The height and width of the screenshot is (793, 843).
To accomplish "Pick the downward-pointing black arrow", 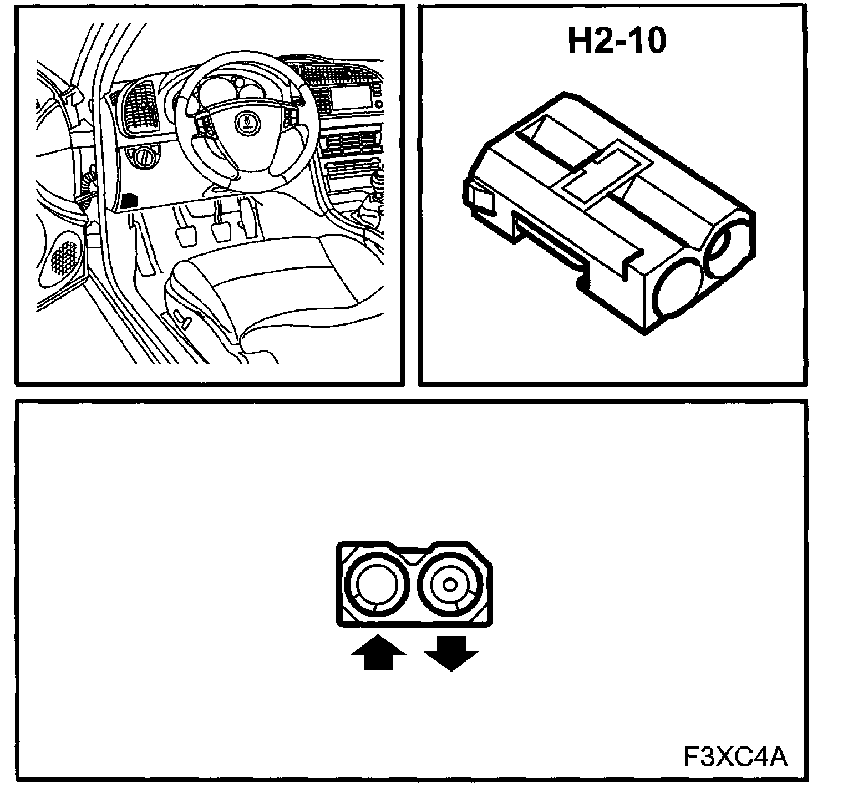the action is pyautogui.click(x=450, y=654).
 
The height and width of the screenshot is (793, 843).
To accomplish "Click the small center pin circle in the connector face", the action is pyautogui.click(x=450, y=584).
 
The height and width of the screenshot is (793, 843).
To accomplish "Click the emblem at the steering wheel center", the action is pyautogui.click(x=245, y=121).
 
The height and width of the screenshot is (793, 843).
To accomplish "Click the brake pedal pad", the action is pyautogui.click(x=221, y=230).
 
